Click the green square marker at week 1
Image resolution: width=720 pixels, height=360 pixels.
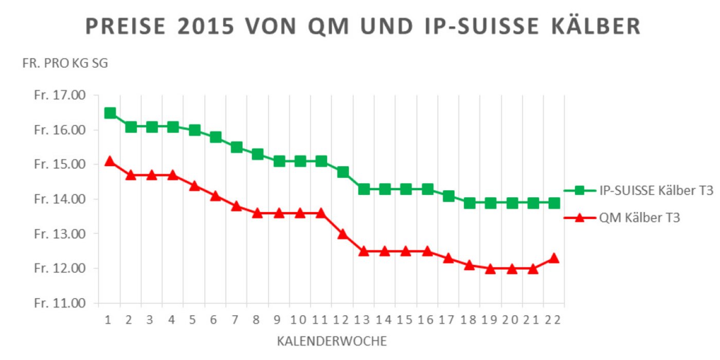pos(110,113)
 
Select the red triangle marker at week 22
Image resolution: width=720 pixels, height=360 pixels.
pos(554,258)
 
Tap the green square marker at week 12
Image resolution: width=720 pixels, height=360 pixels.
pos(343,171)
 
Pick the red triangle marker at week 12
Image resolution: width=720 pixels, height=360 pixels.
pos(343,234)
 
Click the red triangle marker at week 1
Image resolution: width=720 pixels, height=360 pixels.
pos(110,161)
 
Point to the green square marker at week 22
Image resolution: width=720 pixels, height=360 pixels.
pos(554,203)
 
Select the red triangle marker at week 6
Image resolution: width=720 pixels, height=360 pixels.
pos(215,196)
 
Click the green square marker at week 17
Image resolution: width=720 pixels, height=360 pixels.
pos(448,196)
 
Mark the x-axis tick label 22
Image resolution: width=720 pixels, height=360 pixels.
pos(554,320)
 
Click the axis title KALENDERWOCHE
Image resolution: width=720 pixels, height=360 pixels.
pos(332,341)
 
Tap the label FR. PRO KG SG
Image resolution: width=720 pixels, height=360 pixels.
pos(65,64)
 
